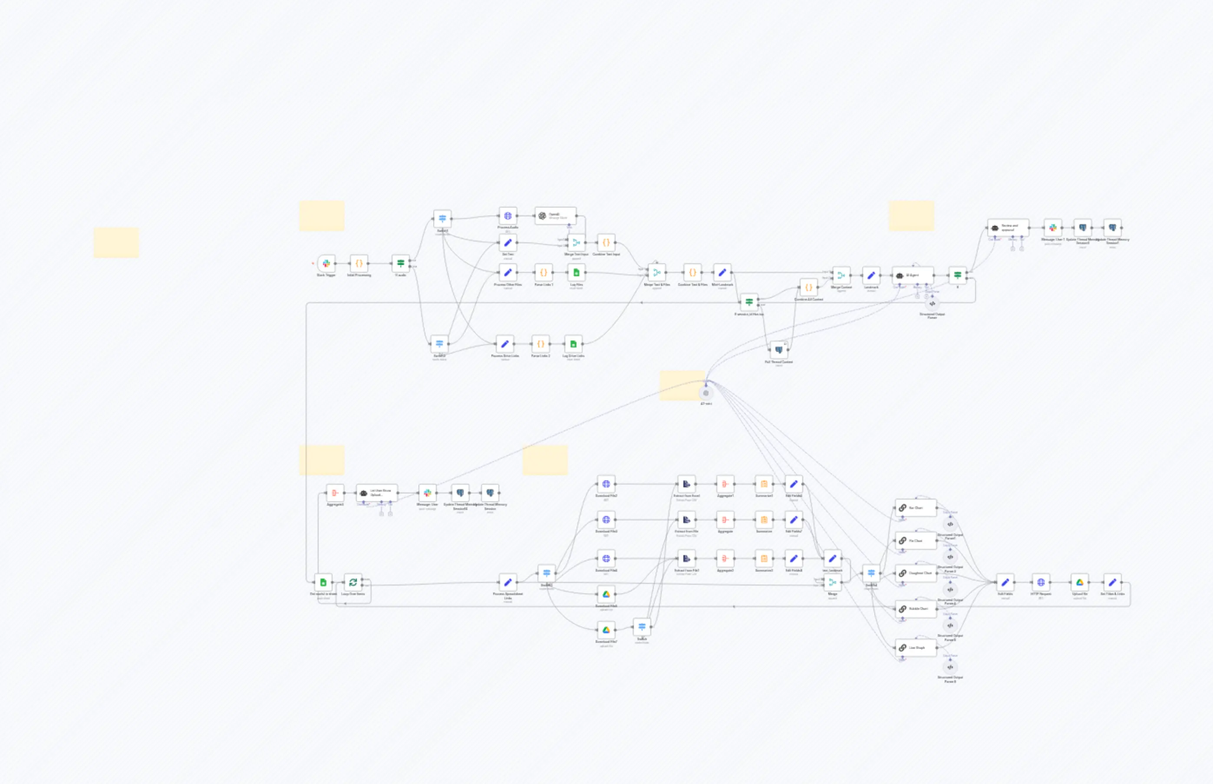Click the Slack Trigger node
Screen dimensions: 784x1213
point(326,263)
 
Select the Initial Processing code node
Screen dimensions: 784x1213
point(359,263)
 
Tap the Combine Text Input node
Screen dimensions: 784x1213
point(606,242)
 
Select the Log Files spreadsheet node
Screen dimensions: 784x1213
point(576,272)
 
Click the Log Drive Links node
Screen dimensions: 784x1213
point(573,344)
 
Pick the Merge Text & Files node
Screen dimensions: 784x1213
point(656,272)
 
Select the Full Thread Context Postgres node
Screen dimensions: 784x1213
point(778,350)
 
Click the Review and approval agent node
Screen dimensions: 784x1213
point(1008,227)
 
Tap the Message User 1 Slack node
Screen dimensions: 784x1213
point(1053,227)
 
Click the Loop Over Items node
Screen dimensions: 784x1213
point(353,582)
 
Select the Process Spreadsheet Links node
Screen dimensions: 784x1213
point(507,582)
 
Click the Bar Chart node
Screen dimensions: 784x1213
point(915,508)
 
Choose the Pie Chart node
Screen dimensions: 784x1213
point(915,541)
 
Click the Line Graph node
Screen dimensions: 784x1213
point(915,648)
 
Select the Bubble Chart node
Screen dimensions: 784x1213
point(915,609)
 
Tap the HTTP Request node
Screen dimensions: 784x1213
point(1041,582)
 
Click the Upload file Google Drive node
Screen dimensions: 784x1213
point(1080,582)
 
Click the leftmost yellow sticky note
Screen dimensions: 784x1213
point(116,242)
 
